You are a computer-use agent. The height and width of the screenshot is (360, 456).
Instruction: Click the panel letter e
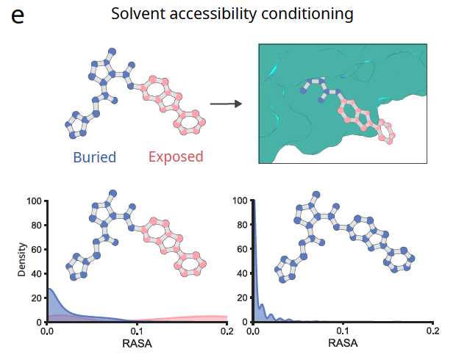pyautogui.click(x=18, y=15)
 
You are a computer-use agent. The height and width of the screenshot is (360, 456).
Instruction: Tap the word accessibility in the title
pyautogui.click(x=215, y=14)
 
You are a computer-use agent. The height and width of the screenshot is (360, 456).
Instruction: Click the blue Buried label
pyautogui.click(x=94, y=156)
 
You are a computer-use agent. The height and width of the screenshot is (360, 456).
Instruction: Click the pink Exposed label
pyautogui.click(x=176, y=156)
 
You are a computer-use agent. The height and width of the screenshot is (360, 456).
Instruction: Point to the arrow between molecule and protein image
pyautogui.click(x=226, y=104)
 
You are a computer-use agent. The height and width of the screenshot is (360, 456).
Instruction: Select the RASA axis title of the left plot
pyautogui.click(x=137, y=343)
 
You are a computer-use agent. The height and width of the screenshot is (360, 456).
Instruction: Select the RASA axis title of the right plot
pyautogui.click(x=343, y=343)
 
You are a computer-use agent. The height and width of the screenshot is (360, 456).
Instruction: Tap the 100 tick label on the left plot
pyautogui.click(x=33, y=201)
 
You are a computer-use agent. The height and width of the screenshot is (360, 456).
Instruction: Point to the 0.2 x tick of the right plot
pyautogui.click(x=432, y=332)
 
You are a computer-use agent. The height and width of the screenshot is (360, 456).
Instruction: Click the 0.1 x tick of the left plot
pyautogui.click(x=137, y=332)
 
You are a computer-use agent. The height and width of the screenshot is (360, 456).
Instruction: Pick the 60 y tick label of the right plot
pyautogui.click(x=242, y=249)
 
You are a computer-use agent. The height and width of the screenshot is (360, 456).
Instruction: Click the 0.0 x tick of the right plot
pyautogui.click(x=254, y=332)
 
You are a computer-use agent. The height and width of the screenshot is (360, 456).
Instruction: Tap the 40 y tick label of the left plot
pyautogui.click(x=36, y=274)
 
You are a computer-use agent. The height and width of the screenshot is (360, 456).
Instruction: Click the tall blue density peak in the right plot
pyautogui.click(x=254, y=250)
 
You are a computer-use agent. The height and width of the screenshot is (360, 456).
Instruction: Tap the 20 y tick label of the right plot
pyautogui.click(x=242, y=298)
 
